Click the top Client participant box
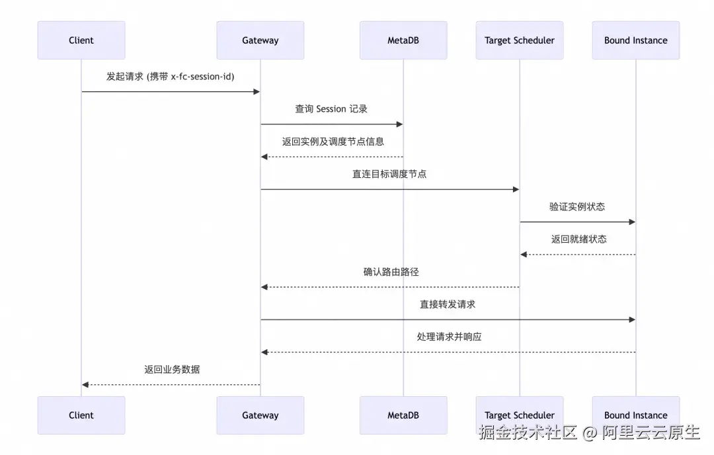[x=81, y=40]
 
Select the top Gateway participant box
[x=260, y=40]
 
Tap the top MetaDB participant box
[x=403, y=40]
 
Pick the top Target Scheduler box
[x=520, y=40]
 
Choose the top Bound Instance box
[x=635, y=40]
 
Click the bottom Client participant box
[x=81, y=415]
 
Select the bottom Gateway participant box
[x=260, y=415]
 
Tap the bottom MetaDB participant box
[x=403, y=415]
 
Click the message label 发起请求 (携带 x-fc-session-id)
[x=171, y=77]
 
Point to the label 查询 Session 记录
[x=331, y=109]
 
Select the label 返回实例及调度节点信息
[x=333, y=142]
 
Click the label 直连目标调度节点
[x=389, y=174]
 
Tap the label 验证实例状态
[x=577, y=206]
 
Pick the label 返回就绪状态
[x=578, y=239]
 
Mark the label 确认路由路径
[x=391, y=272]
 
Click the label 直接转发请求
[x=448, y=304]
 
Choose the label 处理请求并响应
[x=449, y=337]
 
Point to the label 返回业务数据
[x=172, y=369]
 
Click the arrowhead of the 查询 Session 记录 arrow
[x=399, y=124]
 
